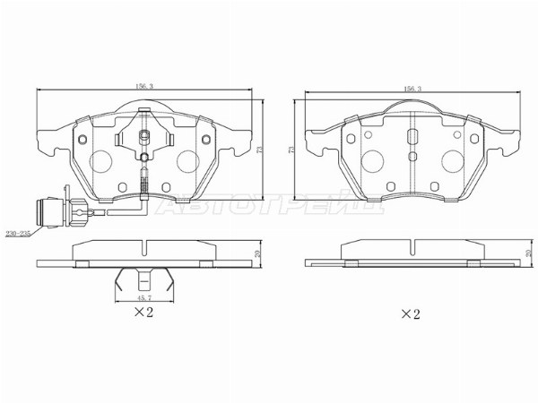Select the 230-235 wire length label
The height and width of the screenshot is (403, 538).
pyautogui.click(x=18, y=234)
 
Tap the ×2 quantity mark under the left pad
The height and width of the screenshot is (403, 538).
pyautogui.click(x=144, y=312)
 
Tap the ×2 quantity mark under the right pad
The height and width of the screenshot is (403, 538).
pyautogui.click(x=411, y=313)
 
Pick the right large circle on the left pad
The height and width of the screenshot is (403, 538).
pyautogui.click(x=187, y=160)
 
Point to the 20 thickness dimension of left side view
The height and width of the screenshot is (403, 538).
pyautogui.click(x=260, y=255)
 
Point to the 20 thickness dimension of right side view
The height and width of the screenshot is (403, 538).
pyautogui.click(x=529, y=255)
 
